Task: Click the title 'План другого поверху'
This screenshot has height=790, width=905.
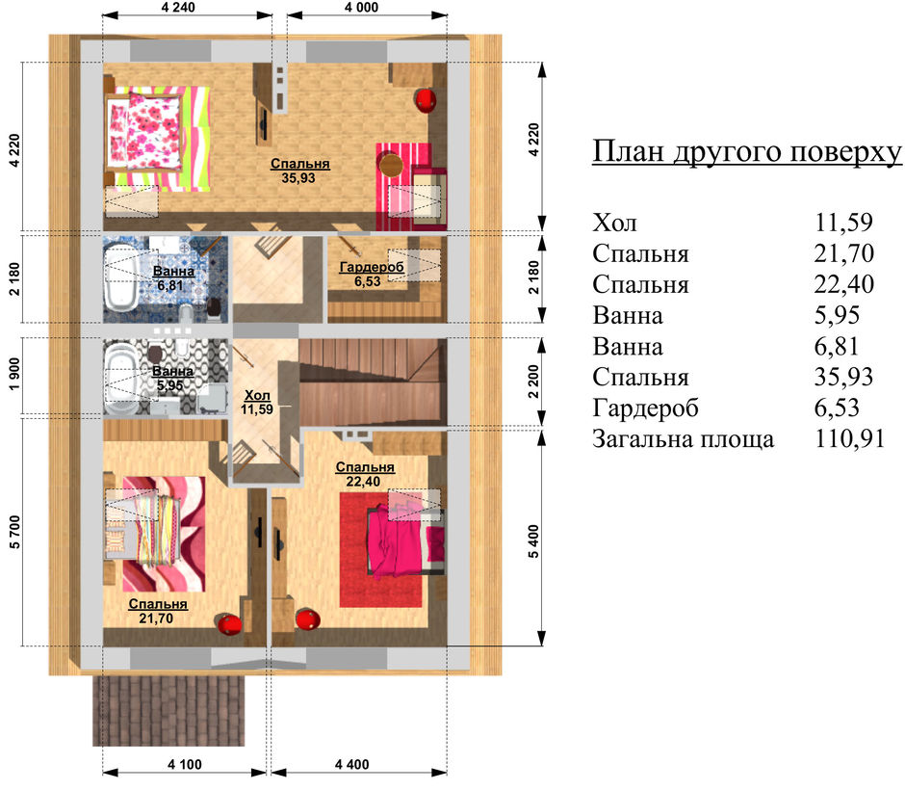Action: pyautogui.click(x=747, y=152)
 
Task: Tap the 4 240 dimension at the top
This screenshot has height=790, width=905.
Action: pyautogui.click(x=178, y=8)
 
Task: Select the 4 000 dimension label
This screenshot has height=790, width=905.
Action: pyautogui.click(x=361, y=8)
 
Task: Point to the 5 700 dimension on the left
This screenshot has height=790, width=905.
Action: pyautogui.click(x=14, y=532)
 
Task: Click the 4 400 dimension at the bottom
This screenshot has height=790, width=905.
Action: pyautogui.click(x=352, y=765)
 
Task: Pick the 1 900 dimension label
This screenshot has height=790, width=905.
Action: pyautogui.click(x=14, y=374)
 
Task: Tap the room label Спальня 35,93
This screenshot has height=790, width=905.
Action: pyautogui.click(x=299, y=171)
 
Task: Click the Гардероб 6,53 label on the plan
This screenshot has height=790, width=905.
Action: pyautogui.click(x=371, y=274)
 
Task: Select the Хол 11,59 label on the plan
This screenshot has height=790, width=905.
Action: pyautogui.click(x=257, y=402)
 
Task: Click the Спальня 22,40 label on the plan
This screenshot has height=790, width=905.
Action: pyautogui.click(x=365, y=474)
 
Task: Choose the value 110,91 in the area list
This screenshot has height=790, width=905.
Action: pyautogui.click(x=849, y=439)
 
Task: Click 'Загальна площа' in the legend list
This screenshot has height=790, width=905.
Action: pyautogui.click(x=683, y=439)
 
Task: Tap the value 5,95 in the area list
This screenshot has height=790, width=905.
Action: pyautogui.click(x=837, y=315)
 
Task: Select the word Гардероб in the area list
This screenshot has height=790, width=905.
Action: pyautogui.click(x=645, y=408)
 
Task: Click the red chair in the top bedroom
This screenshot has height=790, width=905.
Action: pyautogui.click(x=426, y=99)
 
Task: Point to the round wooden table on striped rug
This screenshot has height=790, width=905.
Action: pyautogui.click(x=391, y=164)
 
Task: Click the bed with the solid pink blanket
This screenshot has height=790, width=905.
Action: pyautogui.click(x=405, y=541)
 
